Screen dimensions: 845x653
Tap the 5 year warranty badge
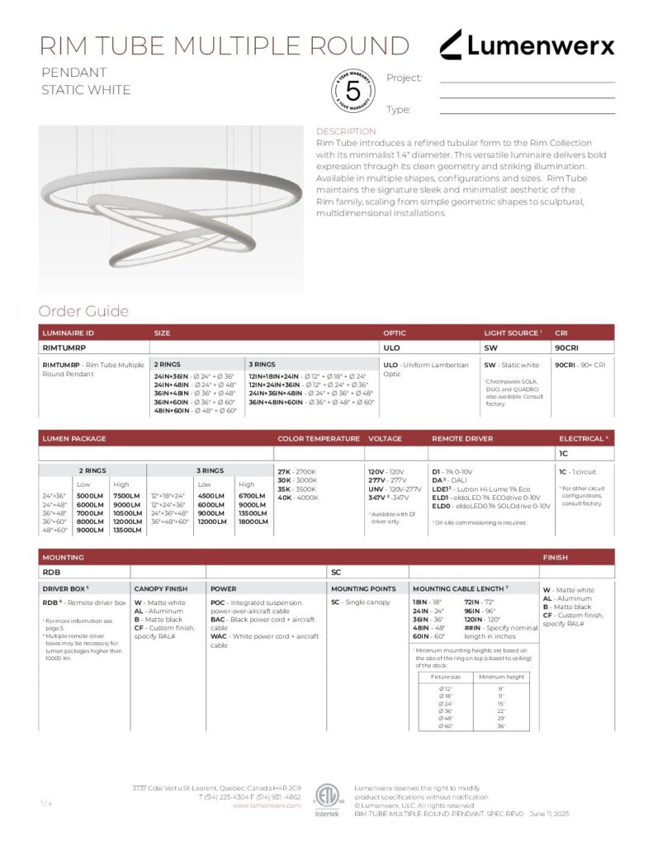(x=353, y=92)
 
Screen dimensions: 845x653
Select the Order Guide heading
(x=83, y=311)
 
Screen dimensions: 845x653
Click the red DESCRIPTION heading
(x=346, y=131)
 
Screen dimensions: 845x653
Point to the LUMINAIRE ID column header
(x=69, y=333)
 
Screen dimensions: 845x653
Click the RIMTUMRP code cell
(x=60, y=348)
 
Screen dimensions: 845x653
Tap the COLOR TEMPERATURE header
(x=319, y=438)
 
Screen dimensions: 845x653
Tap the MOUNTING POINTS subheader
(x=364, y=588)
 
